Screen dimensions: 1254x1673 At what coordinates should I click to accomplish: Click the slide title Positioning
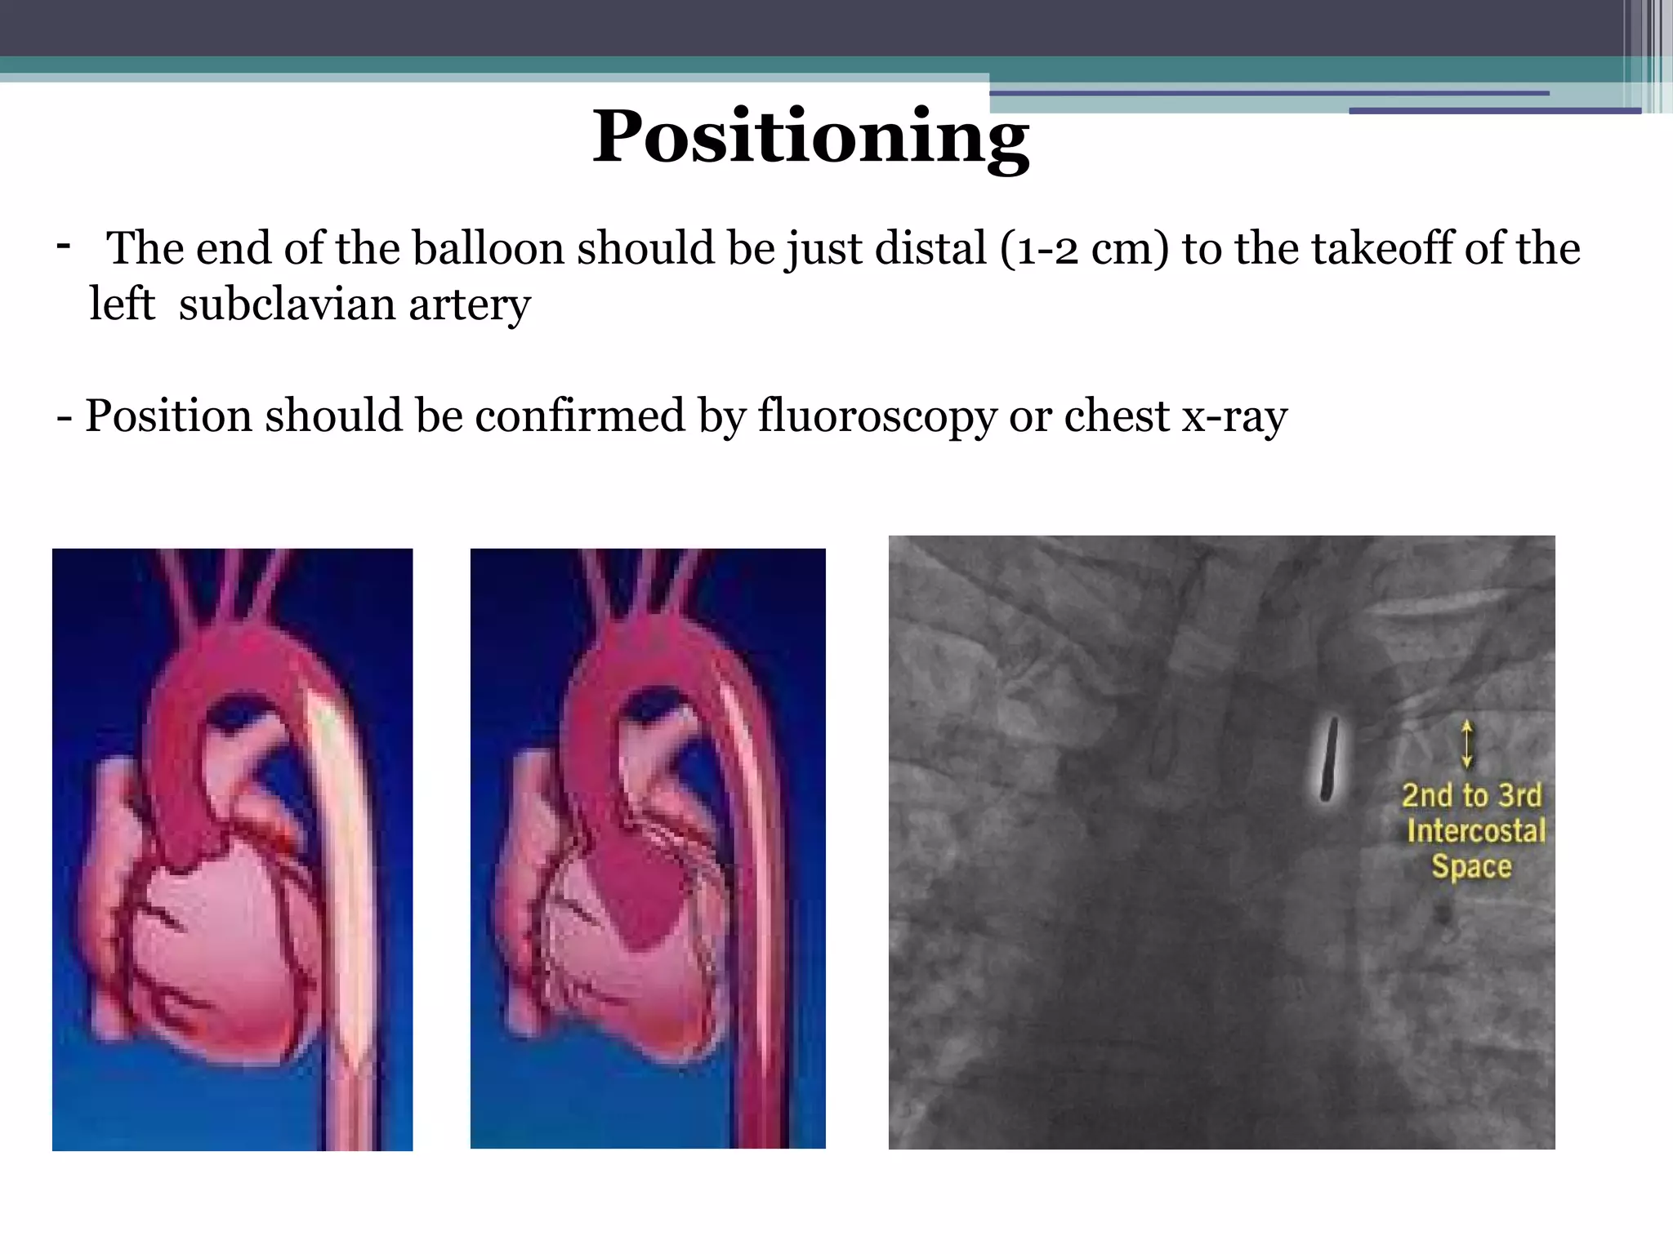pyautogui.click(x=810, y=137)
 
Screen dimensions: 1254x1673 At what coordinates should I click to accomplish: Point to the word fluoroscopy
pyautogui.click(x=877, y=416)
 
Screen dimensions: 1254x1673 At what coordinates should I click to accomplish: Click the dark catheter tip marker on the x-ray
pyautogui.click(x=1329, y=758)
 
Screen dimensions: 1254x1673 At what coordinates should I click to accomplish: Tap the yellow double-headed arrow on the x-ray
pyautogui.click(x=1467, y=744)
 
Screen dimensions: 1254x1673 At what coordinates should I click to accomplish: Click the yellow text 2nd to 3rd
pyautogui.click(x=1471, y=795)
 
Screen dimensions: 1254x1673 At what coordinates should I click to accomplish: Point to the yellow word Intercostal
pyautogui.click(x=1476, y=830)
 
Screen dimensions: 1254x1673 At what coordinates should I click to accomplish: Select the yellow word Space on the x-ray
pyautogui.click(x=1471, y=866)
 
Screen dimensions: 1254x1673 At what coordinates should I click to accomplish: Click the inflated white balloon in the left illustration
pyautogui.click(x=339, y=849)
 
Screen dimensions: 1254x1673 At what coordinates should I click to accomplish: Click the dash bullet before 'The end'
pyautogui.click(x=63, y=244)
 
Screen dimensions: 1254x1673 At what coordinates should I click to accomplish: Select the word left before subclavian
pyautogui.click(x=122, y=305)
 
